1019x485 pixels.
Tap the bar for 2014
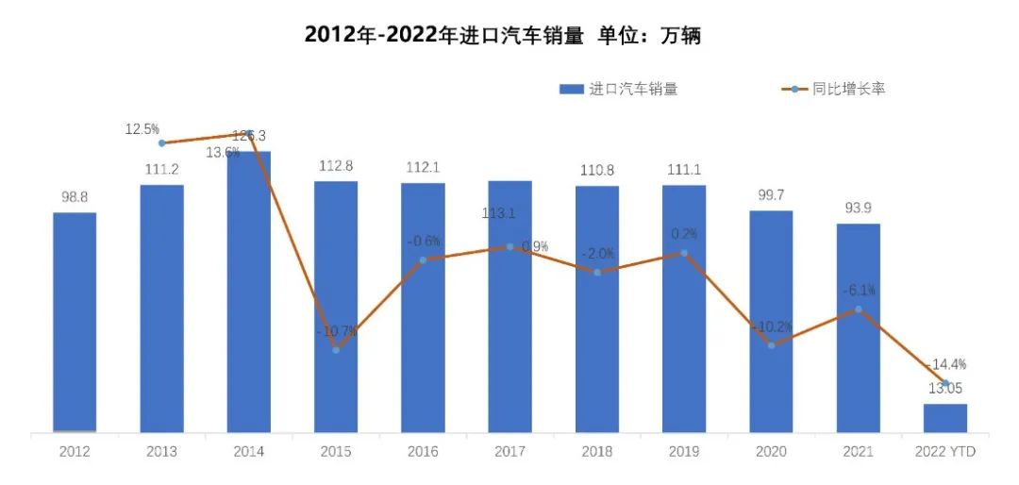[249, 293]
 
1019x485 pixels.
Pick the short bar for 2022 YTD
[944, 418]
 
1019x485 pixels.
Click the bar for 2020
[771, 322]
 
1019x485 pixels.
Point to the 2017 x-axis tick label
[509, 453]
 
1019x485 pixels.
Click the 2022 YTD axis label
[945, 453]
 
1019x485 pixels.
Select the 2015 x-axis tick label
[336, 453]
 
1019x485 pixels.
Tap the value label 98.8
[75, 197]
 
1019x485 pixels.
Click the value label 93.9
[858, 209]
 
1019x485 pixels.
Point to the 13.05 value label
[945, 388]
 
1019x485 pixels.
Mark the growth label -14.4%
[946, 364]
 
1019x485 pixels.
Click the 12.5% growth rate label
[142, 128]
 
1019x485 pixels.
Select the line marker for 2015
[336, 350]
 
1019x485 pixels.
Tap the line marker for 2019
[684, 253]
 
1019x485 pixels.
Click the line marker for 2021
[858, 309]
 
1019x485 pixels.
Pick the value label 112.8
[336, 166]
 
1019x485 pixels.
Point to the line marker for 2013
[162, 142]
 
